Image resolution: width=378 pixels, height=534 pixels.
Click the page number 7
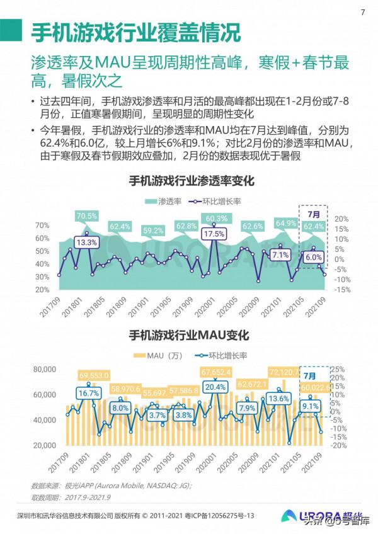coord(362,12)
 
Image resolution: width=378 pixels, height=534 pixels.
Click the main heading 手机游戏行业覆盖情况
coord(136,31)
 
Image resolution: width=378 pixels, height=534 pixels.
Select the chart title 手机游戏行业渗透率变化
coord(192,181)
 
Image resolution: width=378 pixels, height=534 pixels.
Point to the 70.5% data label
coord(87,216)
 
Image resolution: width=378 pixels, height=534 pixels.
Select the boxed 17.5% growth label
coord(214,234)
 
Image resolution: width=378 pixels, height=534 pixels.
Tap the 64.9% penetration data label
coord(285,223)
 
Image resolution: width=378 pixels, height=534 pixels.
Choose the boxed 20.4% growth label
coord(215,387)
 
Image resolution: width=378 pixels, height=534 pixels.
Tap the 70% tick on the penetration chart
coord(42,225)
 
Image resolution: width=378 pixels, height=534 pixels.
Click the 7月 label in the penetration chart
coord(313,214)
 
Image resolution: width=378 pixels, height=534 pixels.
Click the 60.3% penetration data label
coord(216,219)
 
